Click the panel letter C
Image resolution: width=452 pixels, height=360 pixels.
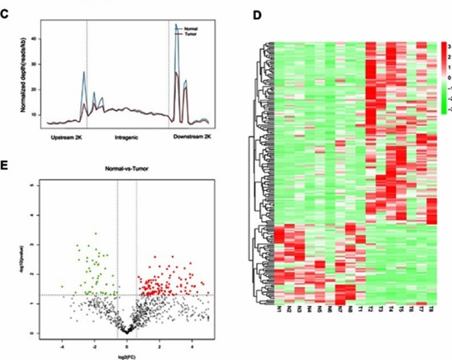[x=6, y=13]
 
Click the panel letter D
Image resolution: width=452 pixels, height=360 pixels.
[x=256, y=16]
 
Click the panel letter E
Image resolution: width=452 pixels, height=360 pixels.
[x=6, y=164]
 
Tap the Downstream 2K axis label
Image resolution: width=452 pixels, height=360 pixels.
[x=197, y=133]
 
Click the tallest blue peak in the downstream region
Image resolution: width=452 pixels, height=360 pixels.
[x=176, y=25]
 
